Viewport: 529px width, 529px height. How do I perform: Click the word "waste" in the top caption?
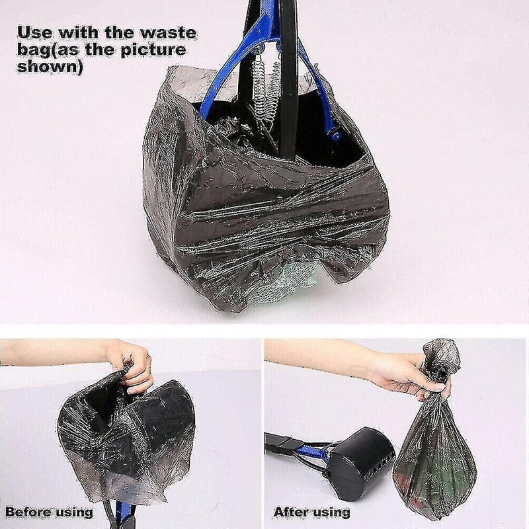169,33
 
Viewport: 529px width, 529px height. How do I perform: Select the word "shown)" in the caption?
50,67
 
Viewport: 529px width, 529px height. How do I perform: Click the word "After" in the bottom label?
290,512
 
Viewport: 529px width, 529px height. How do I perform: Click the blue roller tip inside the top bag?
336,135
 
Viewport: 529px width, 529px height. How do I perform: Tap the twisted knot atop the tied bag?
440,358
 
